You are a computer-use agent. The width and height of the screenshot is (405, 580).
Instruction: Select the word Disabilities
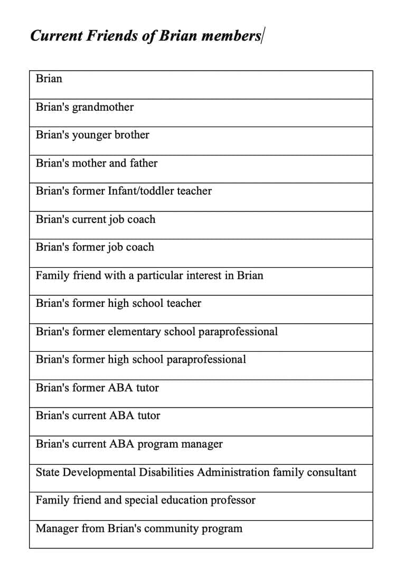(166, 472)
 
